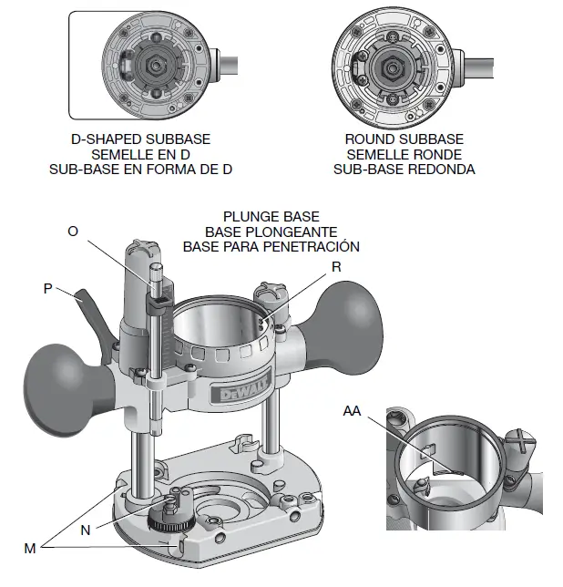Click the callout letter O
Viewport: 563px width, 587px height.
[x=73, y=232]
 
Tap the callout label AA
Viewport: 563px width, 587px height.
[x=353, y=411]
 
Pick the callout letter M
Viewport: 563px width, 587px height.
[x=30, y=547]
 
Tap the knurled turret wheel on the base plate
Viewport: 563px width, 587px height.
[x=168, y=522]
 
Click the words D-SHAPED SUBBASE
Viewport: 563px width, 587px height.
[x=140, y=139]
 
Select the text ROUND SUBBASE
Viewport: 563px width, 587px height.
[x=404, y=139]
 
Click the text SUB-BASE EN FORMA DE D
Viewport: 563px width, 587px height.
[x=140, y=169]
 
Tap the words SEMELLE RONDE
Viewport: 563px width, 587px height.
[x=404, y=154]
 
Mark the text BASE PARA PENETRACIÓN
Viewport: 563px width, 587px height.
[x=271, y=246]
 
